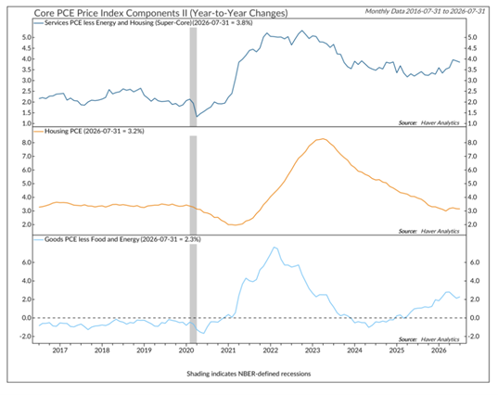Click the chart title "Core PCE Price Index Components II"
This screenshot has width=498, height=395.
(x=111, y=13)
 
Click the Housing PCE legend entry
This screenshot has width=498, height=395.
(x=89, y=131)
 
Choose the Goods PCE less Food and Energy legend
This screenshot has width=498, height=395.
(x=117, y=239)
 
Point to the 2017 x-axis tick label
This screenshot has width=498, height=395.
(x=59, y=350)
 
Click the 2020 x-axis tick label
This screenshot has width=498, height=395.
(x=186, y=350)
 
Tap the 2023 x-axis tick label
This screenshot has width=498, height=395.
(x=313, y=350)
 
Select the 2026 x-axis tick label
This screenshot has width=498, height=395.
(x=439, y=350)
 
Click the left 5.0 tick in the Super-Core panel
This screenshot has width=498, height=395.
(x=27, y=37)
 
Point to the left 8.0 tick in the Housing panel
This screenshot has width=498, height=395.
(x=27, y=143)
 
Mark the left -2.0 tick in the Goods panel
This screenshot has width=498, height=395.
(x=25, y=337)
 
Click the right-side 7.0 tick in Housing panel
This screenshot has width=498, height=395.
(x=472, y=156)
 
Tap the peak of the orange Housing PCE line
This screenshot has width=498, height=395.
(x=323, y=139)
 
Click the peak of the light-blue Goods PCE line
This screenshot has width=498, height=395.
(x=275, y=247)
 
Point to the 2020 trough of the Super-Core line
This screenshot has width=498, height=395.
(x=197, y=117)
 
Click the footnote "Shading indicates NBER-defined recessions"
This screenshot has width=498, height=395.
(x=249, y=374)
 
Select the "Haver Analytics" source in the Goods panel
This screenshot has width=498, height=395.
(x=440, y=339)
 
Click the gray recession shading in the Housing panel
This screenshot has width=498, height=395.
(x=193, y=185)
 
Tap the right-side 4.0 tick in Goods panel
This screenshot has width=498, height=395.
(x=472, y=281)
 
